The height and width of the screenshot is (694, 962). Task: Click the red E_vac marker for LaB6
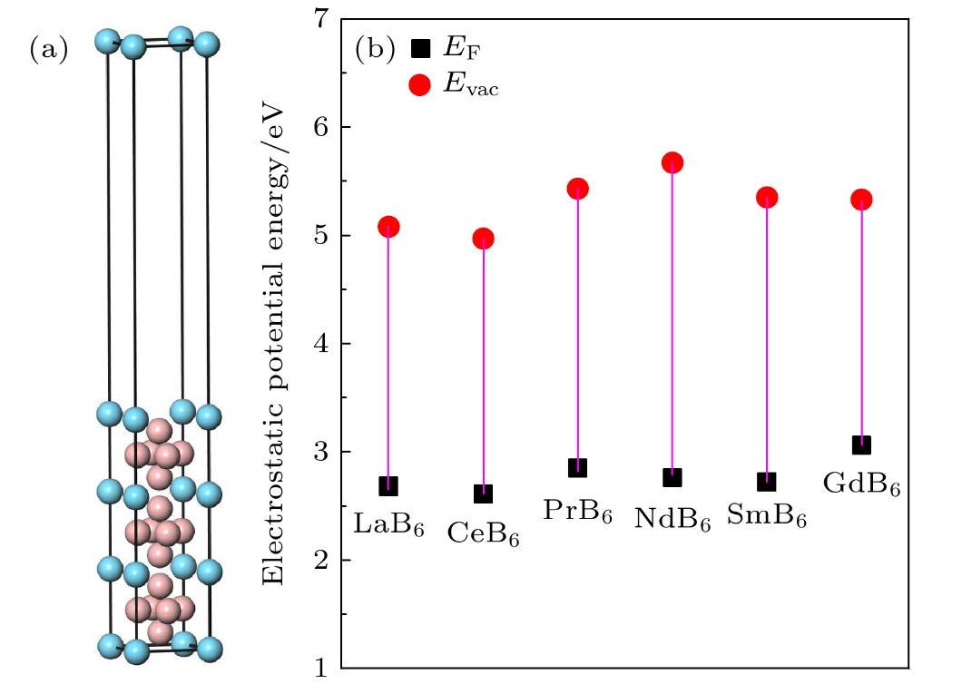click(x=388, y=227)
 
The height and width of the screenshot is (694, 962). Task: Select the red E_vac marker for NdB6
click(x=672, y=162)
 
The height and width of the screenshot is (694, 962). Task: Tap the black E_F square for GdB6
click(x=861, y=445)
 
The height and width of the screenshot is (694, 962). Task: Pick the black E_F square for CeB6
click(x=483, y=494)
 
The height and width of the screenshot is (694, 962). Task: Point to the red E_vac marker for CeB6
click(x=483, y=239)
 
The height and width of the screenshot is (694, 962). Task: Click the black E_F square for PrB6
click(x=577, y=468)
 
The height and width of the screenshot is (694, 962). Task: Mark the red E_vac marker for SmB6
click(x=767, y=198)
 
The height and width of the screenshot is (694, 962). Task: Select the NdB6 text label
click(x=672, y=519)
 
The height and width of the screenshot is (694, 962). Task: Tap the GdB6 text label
click(x=861, y=483)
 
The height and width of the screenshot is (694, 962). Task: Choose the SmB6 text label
click(x=767, y=517)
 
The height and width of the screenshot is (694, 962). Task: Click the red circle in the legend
click(x=419, y=86)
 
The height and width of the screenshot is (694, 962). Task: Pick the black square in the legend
click(x=419, y=48)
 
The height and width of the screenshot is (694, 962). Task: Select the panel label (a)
click(x=49, y=50)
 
